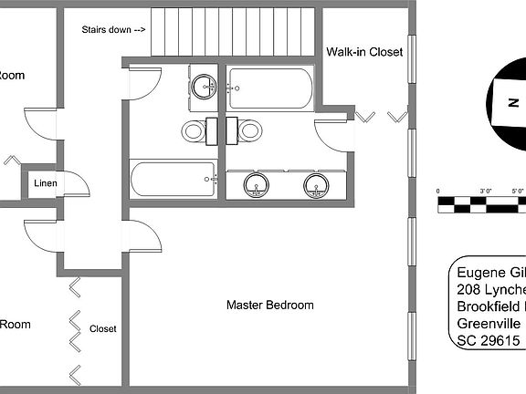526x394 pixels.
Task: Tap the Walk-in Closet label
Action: (x=364, y=52)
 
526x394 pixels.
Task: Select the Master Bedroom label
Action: (x=270, y=305)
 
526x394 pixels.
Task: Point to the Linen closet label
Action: (x=46, y=184)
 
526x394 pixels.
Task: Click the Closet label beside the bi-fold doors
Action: (x=102, y=328)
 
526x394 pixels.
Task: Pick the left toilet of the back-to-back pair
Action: (x=195, y=130)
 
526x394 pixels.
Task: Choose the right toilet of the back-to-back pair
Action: (x=247, y=130)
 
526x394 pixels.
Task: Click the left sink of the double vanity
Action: (x=258, y=186)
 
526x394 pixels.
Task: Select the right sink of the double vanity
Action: (x=317, y=186)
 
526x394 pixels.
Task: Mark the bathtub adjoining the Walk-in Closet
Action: (x=270, y=88)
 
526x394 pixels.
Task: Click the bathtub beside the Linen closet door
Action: (x=174, y=179)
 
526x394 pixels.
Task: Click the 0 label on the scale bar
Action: (x=438, y=192)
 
